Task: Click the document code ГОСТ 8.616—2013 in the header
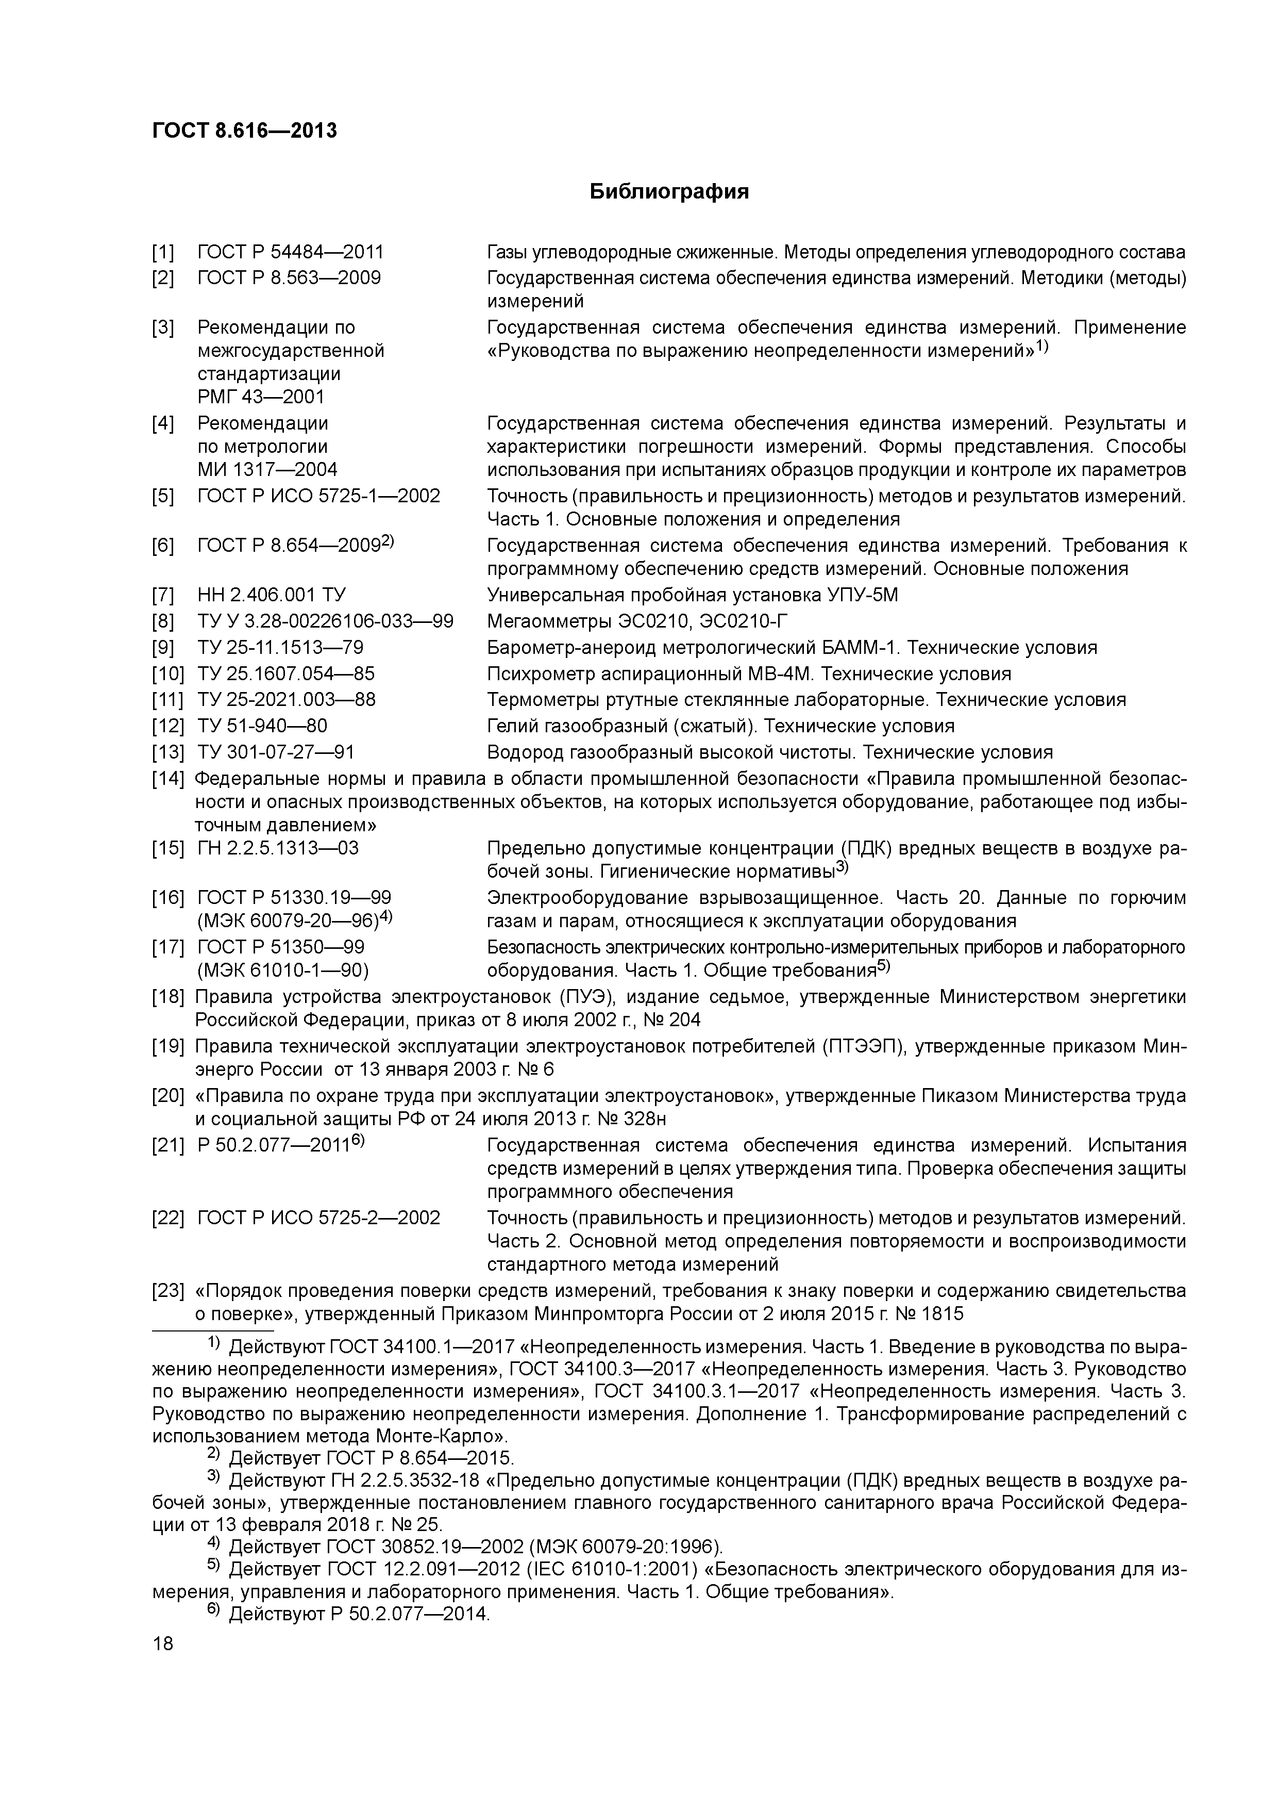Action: point(244,131)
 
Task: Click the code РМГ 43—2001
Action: point(261,397)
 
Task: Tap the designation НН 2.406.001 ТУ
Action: point(271,595)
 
